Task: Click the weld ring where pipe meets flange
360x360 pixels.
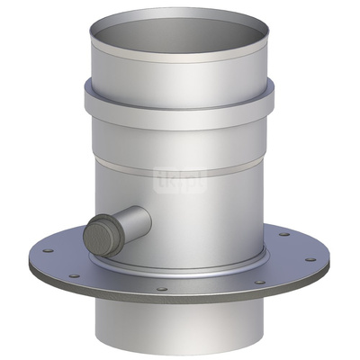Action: (x=180, y=273)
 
